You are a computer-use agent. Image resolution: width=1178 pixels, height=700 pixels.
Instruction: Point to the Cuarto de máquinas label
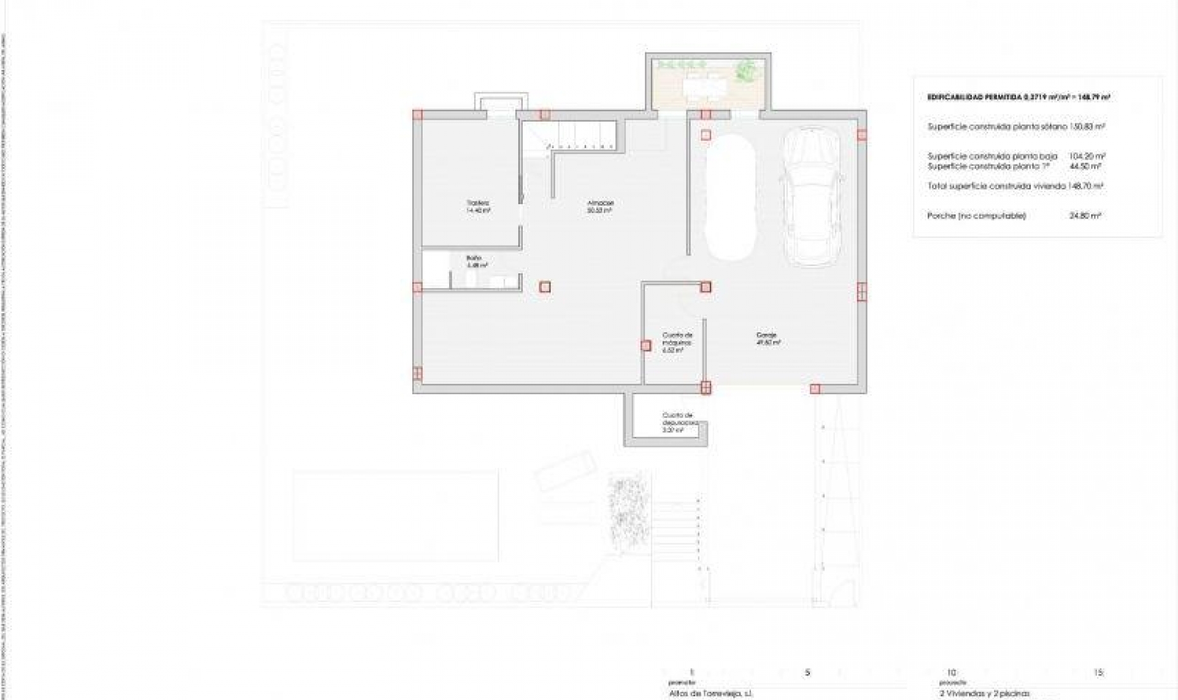(x=677, y=343)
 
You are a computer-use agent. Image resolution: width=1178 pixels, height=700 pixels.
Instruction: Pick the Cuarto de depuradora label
(x=679, y=422)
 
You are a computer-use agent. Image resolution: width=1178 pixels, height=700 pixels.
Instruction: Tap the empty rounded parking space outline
(x=730, y=198)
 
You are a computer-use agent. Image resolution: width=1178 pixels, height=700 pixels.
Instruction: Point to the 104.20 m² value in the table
(x=1087, y=157)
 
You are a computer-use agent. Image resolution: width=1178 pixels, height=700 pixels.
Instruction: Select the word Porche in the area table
(x=942, y=216)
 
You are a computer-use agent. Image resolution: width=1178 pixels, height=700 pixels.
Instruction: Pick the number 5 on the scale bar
(x=807, y=672)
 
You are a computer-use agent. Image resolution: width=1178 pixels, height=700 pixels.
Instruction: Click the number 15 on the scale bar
(x=1098, y=672)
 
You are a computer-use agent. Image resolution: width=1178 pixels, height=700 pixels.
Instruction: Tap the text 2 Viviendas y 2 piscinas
(x=985, y=694)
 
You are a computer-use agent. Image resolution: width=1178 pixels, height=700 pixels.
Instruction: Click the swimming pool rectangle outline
(x=395, y=516)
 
